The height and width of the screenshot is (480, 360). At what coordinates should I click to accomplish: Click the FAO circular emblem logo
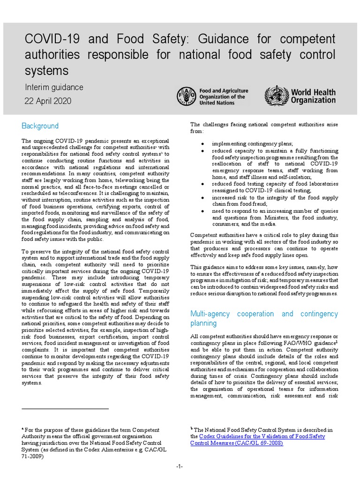point(187,96)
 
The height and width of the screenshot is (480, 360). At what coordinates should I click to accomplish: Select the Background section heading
point(40,126)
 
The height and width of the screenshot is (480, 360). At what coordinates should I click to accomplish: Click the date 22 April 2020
point(48,101)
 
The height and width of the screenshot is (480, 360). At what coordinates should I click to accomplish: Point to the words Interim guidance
point(54,87)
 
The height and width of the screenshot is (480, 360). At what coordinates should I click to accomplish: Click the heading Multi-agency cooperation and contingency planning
point(263,318)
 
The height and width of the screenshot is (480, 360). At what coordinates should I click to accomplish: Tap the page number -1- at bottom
point(180,467)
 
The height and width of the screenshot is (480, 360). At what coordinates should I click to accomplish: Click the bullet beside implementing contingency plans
point(202,143)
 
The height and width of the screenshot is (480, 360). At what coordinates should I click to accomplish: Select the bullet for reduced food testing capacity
point(202,184)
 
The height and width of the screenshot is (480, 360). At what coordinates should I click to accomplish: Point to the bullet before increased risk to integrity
point(202,198)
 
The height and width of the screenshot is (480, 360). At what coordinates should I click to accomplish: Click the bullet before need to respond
point(202,211)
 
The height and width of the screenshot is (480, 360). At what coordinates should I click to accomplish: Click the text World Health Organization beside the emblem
point(313,96)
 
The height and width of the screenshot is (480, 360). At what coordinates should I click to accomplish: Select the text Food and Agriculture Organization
point(224,97)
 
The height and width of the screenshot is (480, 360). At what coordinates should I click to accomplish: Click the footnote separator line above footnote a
point(65,409)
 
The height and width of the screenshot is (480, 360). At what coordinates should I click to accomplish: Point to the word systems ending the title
point(46,71)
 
